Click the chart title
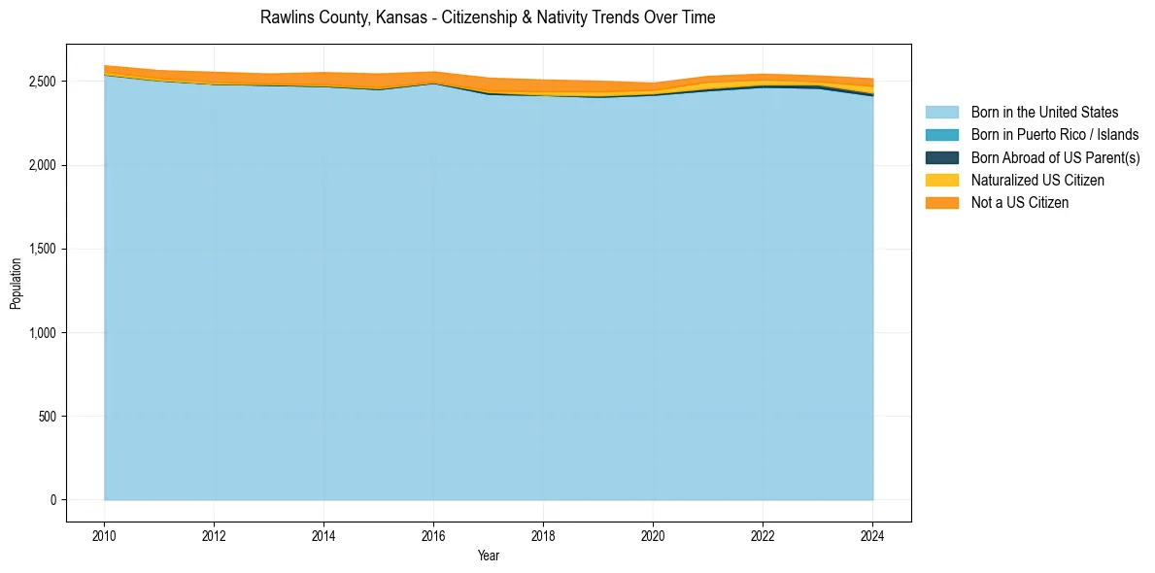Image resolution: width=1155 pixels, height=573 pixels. tap(488, 17)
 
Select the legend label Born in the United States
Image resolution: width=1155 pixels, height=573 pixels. tap(1044, 113)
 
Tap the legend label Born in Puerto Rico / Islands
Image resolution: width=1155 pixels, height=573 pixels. tap(1055, 135)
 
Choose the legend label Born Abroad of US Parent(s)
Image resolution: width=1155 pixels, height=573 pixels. tap(1055, 157)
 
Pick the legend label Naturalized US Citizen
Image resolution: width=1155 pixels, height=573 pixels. tap(1037, 181)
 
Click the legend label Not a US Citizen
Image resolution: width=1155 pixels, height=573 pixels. tap(1020, 203)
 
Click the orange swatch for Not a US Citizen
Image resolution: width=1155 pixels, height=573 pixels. tap(941, 203)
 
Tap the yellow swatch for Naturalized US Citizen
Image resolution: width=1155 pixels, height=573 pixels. tap(941, 181)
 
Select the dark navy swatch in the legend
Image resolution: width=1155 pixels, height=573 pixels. tap(941, 157)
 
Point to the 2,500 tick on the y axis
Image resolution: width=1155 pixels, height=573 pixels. tap(44, 82)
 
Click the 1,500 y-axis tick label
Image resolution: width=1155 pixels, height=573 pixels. tap(44, 250)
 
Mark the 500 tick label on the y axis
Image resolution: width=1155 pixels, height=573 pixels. tap(50, 417)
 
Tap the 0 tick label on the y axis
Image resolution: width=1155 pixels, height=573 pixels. tap(55, 500)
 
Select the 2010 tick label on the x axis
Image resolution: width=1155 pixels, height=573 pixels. tap(104, 534)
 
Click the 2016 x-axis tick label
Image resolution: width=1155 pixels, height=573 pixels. tap(433, 534)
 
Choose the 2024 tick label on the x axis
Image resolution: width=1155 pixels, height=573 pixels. tap(872, 534)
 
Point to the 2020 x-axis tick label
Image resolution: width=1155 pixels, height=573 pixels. tap(653, 534)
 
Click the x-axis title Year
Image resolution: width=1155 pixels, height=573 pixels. tap(489, 556)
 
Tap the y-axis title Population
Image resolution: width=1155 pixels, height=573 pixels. tap(16, 284)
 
